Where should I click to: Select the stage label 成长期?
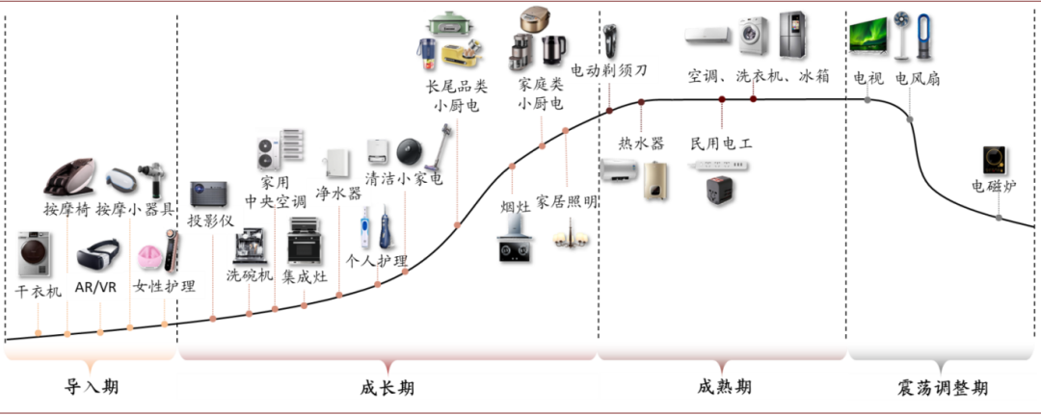387,387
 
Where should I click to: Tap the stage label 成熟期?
723,386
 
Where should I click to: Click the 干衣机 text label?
39,291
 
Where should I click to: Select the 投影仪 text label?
211,220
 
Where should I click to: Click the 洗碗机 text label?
250,275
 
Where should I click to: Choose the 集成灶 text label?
305,276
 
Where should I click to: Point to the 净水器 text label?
338,194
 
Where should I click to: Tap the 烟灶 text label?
515,207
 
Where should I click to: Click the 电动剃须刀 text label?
609,71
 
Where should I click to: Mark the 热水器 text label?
641,143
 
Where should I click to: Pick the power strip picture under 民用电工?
721,167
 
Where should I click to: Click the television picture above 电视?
867,36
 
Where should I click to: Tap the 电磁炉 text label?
994,186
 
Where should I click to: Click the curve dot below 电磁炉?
999,219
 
